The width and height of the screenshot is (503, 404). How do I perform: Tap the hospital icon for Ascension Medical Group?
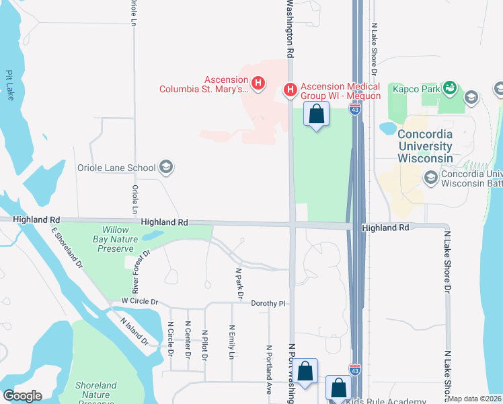291,89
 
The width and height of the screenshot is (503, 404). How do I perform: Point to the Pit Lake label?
9,82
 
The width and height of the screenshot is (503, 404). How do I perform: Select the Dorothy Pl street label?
268,304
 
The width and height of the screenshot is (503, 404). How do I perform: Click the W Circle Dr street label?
139,302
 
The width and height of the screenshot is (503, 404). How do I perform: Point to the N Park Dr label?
239,283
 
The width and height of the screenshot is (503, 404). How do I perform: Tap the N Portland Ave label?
268,369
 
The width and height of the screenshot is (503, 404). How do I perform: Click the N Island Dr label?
134,331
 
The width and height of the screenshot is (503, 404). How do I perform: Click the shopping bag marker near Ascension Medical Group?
316,114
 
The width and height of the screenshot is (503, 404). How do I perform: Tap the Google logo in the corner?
22,396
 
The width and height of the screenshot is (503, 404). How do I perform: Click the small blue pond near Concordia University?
389,127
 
